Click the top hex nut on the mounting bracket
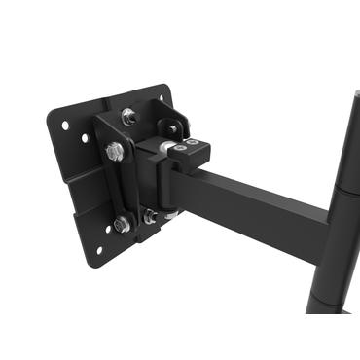pos(127,117)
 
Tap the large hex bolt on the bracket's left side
pos(115,152)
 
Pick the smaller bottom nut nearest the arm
pos(149,218)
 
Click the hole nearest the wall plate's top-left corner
pos(65,126)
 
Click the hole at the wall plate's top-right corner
pos(159,97)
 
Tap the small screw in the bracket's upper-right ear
pos(173,127)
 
